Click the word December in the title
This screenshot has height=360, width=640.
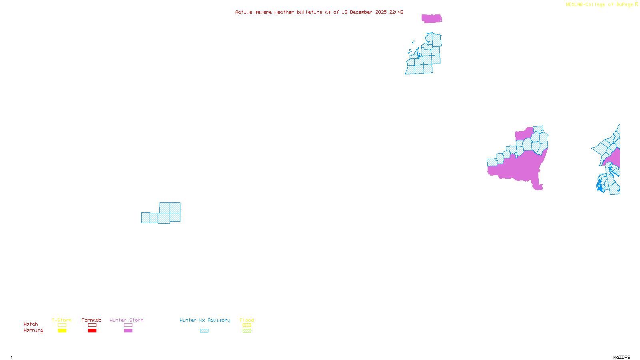[x=361, y=12]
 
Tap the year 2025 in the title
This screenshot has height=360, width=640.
[x=381, y=12]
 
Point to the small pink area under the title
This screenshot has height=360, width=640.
[x=432, y=18]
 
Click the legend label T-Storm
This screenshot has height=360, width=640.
[x=62, y=320]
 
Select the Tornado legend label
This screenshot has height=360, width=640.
[x=92, y=320]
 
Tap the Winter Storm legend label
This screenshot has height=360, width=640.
[x=126, y=320]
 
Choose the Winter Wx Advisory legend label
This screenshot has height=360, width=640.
[x=205, y=320]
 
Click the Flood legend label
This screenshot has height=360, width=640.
[x=247, y=320]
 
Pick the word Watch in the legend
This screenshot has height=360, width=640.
[x=31, y=324]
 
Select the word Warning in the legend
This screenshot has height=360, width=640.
[x=33, y=330]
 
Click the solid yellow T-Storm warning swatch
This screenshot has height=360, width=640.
[x=62, y=331]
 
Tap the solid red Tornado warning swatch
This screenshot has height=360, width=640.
[x=92, y=331]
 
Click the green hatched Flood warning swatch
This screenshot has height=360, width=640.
[x=247, y=331]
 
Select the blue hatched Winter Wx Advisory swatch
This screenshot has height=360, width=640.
[x=204, y=331]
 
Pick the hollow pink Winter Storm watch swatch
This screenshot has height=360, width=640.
[x=128, y=325]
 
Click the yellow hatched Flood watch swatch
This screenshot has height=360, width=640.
[x=247, y=325]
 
